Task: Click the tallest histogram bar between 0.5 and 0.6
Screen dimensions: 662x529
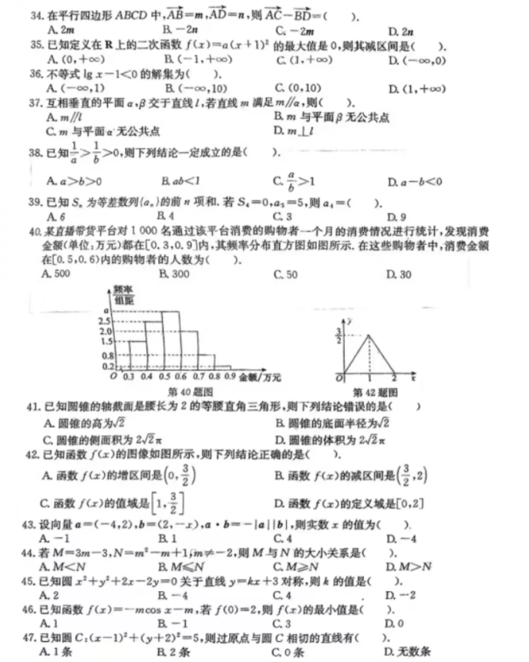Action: coord(172,339)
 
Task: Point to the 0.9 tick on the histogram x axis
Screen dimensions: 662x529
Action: coord(228,376)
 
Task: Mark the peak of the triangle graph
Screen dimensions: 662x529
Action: coord(370,334)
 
